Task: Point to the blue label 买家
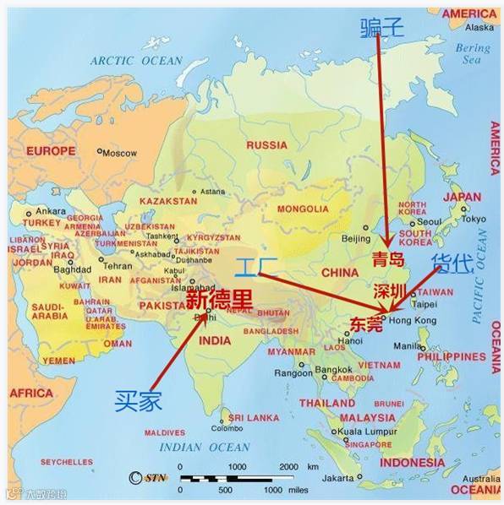point(138,400)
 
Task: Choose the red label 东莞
point(365,323)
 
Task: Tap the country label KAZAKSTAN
point(167,201)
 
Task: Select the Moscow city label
point(119,153)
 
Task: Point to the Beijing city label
point(355,239)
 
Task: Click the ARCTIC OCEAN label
point(136,61)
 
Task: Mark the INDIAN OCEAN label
point(205,448)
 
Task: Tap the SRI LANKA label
point(253,417)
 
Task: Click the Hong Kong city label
point(415,320)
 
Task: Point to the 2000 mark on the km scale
point(288,467)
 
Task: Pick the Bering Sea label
point(471,54)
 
